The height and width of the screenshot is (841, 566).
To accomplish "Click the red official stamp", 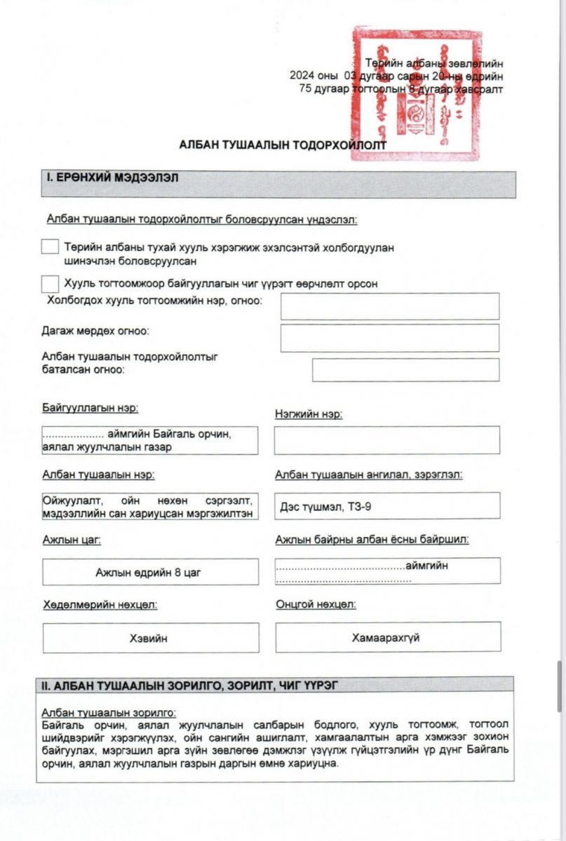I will point(417,95).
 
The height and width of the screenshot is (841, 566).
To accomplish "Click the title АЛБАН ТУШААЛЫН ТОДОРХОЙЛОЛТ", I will point(283,144).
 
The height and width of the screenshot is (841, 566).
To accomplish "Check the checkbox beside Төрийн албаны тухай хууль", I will point(50,247).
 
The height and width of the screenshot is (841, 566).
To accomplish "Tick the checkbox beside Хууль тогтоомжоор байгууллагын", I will point(50,284).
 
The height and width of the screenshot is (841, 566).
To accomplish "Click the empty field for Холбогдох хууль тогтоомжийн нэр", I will point(390,306).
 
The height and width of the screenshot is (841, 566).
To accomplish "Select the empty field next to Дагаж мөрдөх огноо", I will point(390,338).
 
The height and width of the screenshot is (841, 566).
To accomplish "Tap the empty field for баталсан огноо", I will point(405,370).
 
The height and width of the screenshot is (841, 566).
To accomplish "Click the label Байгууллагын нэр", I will point(86,408).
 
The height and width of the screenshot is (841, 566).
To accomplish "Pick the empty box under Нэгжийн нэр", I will point(386,440).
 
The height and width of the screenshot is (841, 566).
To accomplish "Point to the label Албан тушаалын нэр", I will point(98,474).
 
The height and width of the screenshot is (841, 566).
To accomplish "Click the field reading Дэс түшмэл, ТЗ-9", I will point(387,506).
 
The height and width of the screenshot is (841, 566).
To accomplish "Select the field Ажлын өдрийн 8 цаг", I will point(150,572).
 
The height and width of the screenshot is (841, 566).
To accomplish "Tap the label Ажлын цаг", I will point(67,540).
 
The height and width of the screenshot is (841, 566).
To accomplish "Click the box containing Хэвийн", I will point(150,638).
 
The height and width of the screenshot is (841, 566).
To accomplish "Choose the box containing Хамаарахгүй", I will point(387,638).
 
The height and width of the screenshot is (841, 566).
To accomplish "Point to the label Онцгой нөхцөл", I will point(316,604).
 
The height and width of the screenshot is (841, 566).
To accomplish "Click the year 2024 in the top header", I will point(304,76).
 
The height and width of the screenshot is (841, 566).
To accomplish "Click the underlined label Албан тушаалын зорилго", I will point(109,712).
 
